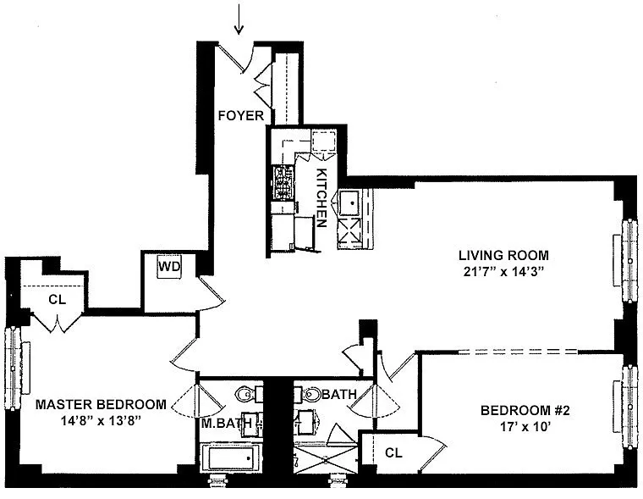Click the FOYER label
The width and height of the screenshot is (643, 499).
click(241, 115)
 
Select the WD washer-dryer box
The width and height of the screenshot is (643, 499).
click(169, 267)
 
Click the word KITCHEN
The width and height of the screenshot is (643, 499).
click(321, 197)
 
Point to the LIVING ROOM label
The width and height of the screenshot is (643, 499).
click(503, 255)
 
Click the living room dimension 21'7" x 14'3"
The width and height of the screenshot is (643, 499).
click(503, 272)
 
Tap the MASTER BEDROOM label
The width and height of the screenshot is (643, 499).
click(101, 405)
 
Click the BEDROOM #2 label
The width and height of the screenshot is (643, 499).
click(525, 410)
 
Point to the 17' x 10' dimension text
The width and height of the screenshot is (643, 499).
click(525, 427)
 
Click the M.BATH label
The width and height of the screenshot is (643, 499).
click(226, 423)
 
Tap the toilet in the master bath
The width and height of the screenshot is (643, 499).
click(249, 395)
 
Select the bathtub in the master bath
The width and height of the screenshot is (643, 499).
click(231, 457)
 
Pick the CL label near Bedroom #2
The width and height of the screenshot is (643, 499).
click(393, 452)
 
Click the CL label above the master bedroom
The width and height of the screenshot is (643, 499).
click(57, 299)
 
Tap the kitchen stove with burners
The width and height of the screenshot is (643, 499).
click(283, 182)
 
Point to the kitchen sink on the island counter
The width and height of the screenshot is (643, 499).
click(349, 202)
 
